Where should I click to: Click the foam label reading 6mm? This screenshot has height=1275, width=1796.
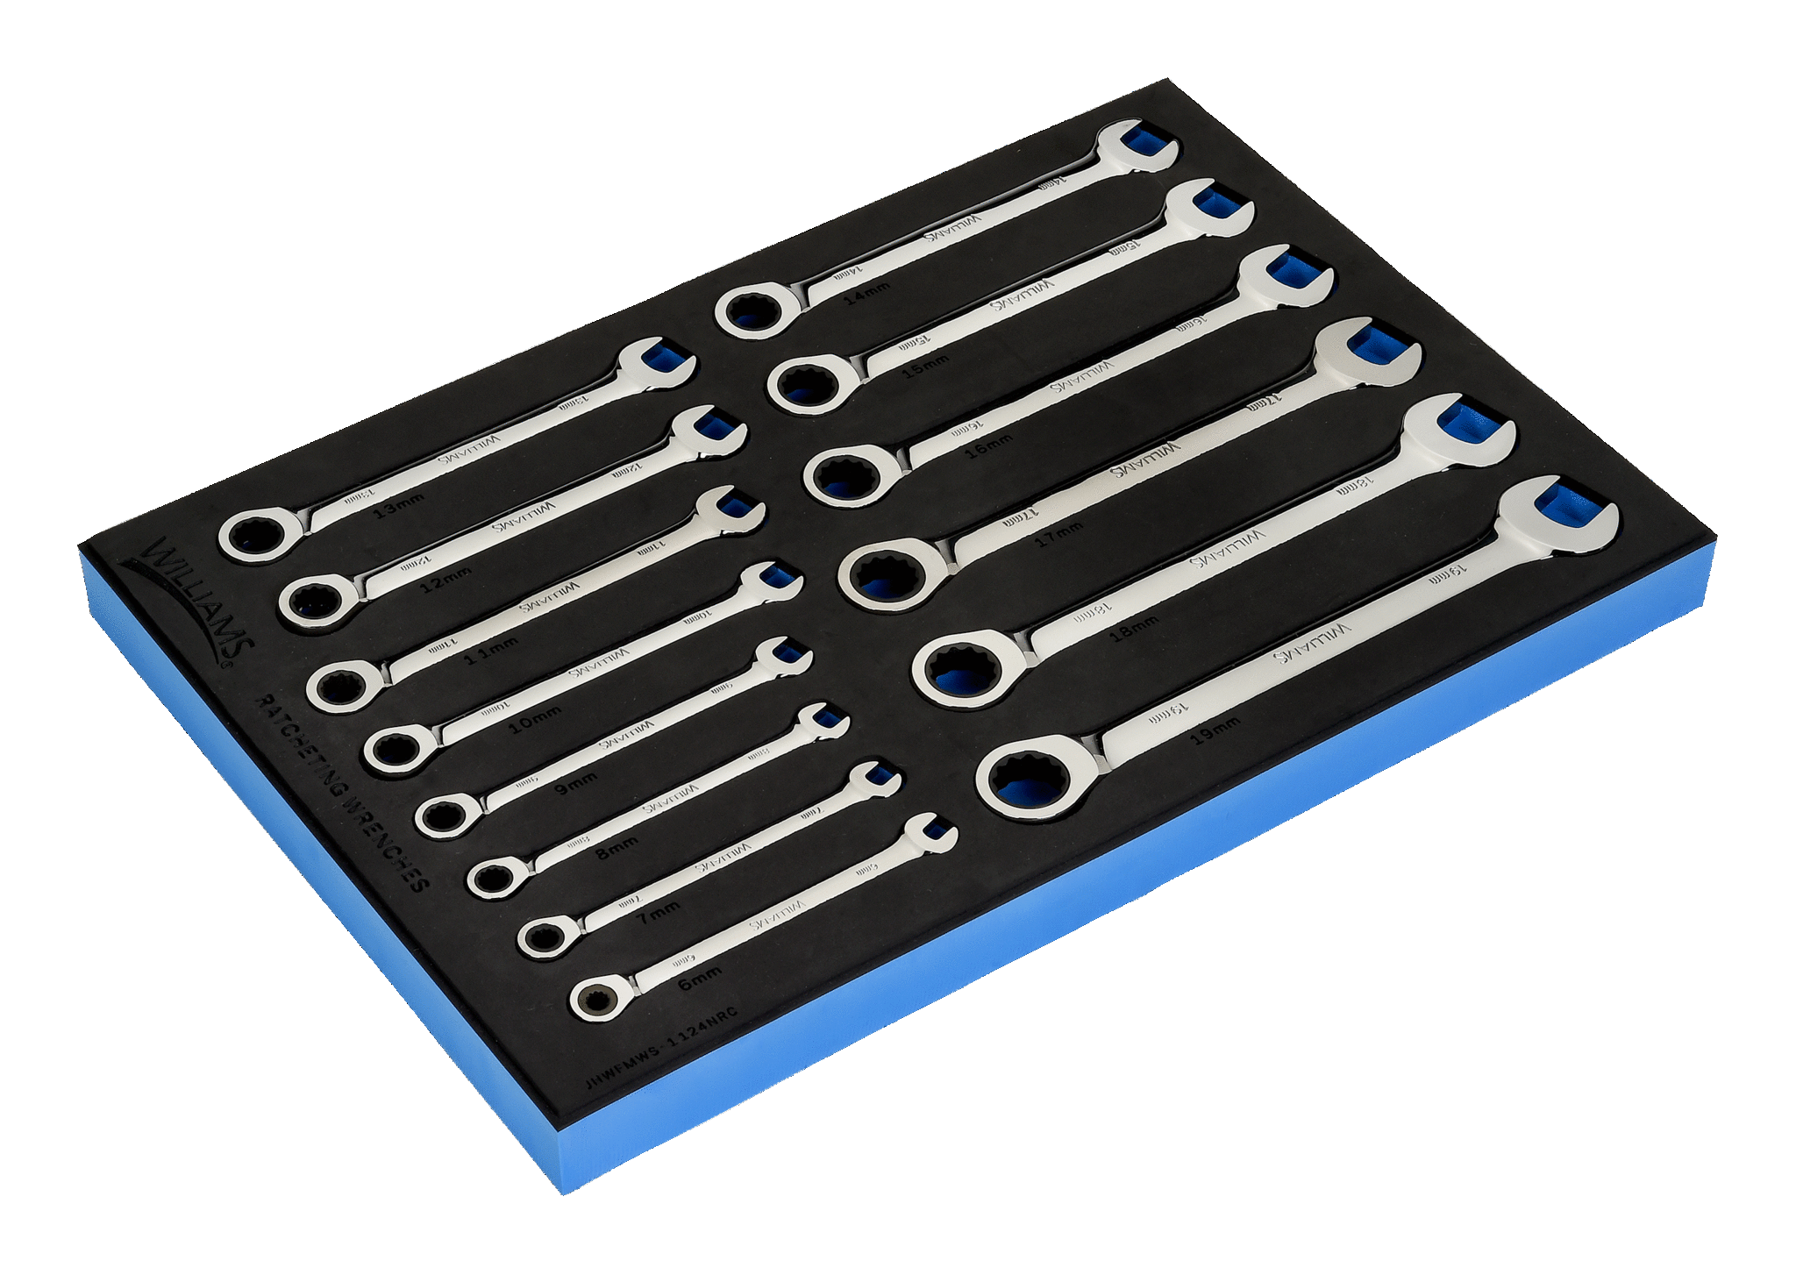pyautogui.click(x=700, y=978)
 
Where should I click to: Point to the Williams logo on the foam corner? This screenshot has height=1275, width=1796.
pyautogui.click(x=189, y=601)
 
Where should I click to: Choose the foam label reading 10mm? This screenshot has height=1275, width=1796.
pyautogui.click(x=534, y=721)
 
